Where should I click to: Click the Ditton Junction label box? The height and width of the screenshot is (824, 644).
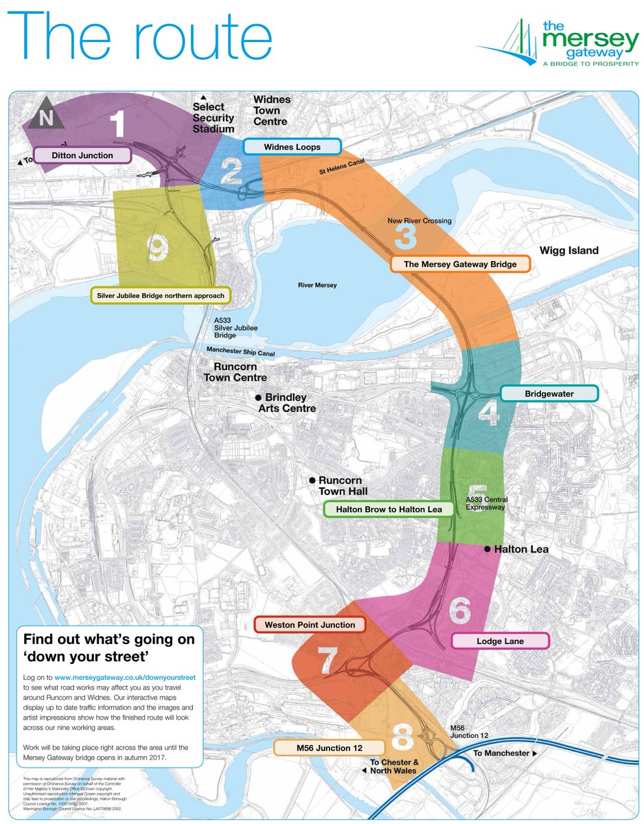[x=82, y=155]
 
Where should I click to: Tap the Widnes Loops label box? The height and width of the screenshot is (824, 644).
[x=292, y=147]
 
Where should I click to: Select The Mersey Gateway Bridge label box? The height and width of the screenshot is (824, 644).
[x=460, y=264]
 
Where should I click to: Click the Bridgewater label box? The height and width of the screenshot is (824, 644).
[x=549, y=394]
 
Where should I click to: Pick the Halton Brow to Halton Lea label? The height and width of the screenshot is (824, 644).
[x=389, y=510]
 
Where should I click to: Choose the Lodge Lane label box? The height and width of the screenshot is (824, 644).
[x=501, y=641]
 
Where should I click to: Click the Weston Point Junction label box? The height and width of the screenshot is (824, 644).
[x=310, y=625]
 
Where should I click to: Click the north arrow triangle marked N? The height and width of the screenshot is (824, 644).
[x=46, y=117]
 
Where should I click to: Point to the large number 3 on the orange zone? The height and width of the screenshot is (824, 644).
[x=406, y=236]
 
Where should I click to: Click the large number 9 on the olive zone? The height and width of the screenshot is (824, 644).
[x=158, y=249]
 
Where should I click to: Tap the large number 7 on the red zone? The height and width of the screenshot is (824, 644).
[x=327, y=661]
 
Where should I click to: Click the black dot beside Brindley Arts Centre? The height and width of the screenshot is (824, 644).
[x=259, y=398]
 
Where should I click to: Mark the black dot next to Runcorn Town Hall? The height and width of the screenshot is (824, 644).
[x=312, y=481]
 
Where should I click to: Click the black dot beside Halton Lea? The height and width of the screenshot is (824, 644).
[x=487, y=549]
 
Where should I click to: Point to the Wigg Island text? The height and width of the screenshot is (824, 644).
[x=568, y=251]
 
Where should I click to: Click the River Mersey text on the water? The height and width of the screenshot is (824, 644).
[x=317, y=285]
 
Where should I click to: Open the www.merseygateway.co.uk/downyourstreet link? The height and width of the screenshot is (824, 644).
[x=125, y=677]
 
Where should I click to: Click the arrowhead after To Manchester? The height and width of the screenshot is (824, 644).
[x=533, y=753]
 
